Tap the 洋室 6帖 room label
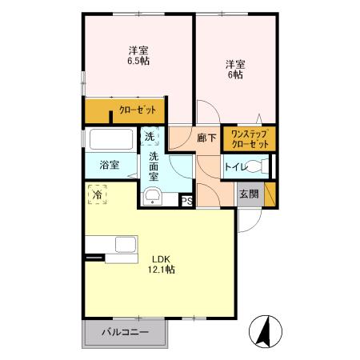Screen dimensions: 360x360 pos(234,69)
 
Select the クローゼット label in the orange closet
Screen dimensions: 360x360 pos(137,110)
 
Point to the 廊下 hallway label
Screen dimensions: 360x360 pos(206,138)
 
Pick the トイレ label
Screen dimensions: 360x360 pos(234,167)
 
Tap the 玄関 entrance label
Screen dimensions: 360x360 pos(248,194)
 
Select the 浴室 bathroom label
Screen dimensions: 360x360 pos(109,166)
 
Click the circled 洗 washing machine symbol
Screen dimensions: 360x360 pos(150,138)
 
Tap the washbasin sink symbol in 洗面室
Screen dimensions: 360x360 pos(151,197)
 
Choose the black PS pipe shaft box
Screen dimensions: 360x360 pos(186,201)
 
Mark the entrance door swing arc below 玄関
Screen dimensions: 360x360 pos(246,218)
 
